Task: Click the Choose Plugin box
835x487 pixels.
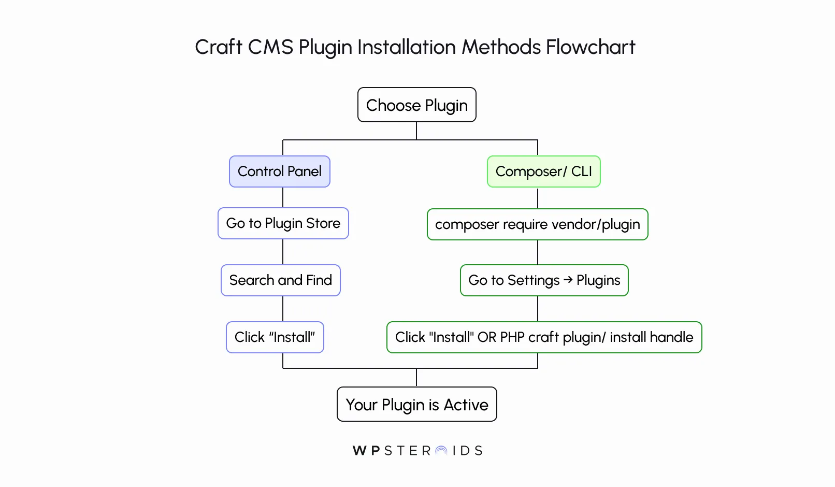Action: point(416,105)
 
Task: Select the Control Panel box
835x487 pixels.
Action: point(279,171)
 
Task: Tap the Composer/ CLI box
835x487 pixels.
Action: point(543,171)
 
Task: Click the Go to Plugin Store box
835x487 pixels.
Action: point(283,223)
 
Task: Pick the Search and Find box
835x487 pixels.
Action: point(280,280)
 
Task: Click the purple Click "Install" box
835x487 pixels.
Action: point(275,337)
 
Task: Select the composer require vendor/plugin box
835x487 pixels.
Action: point(537,224)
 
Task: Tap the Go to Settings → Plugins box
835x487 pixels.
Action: point(544,280)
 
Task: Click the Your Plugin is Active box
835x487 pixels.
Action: point(416,405)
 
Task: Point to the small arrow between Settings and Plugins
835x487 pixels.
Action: point(568,280)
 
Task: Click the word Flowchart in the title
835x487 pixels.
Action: point(590,47)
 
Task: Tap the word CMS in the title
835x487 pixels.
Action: point(270,47)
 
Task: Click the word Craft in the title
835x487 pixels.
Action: point(218,47)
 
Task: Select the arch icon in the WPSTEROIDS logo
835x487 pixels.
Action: point(441,451)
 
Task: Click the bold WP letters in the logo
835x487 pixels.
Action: point(367,451)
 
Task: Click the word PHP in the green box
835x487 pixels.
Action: point(512,337)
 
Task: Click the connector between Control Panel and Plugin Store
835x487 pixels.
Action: point(283,197)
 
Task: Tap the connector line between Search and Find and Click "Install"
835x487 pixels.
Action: point(283,309)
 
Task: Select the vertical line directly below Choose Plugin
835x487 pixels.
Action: point(416,131)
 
